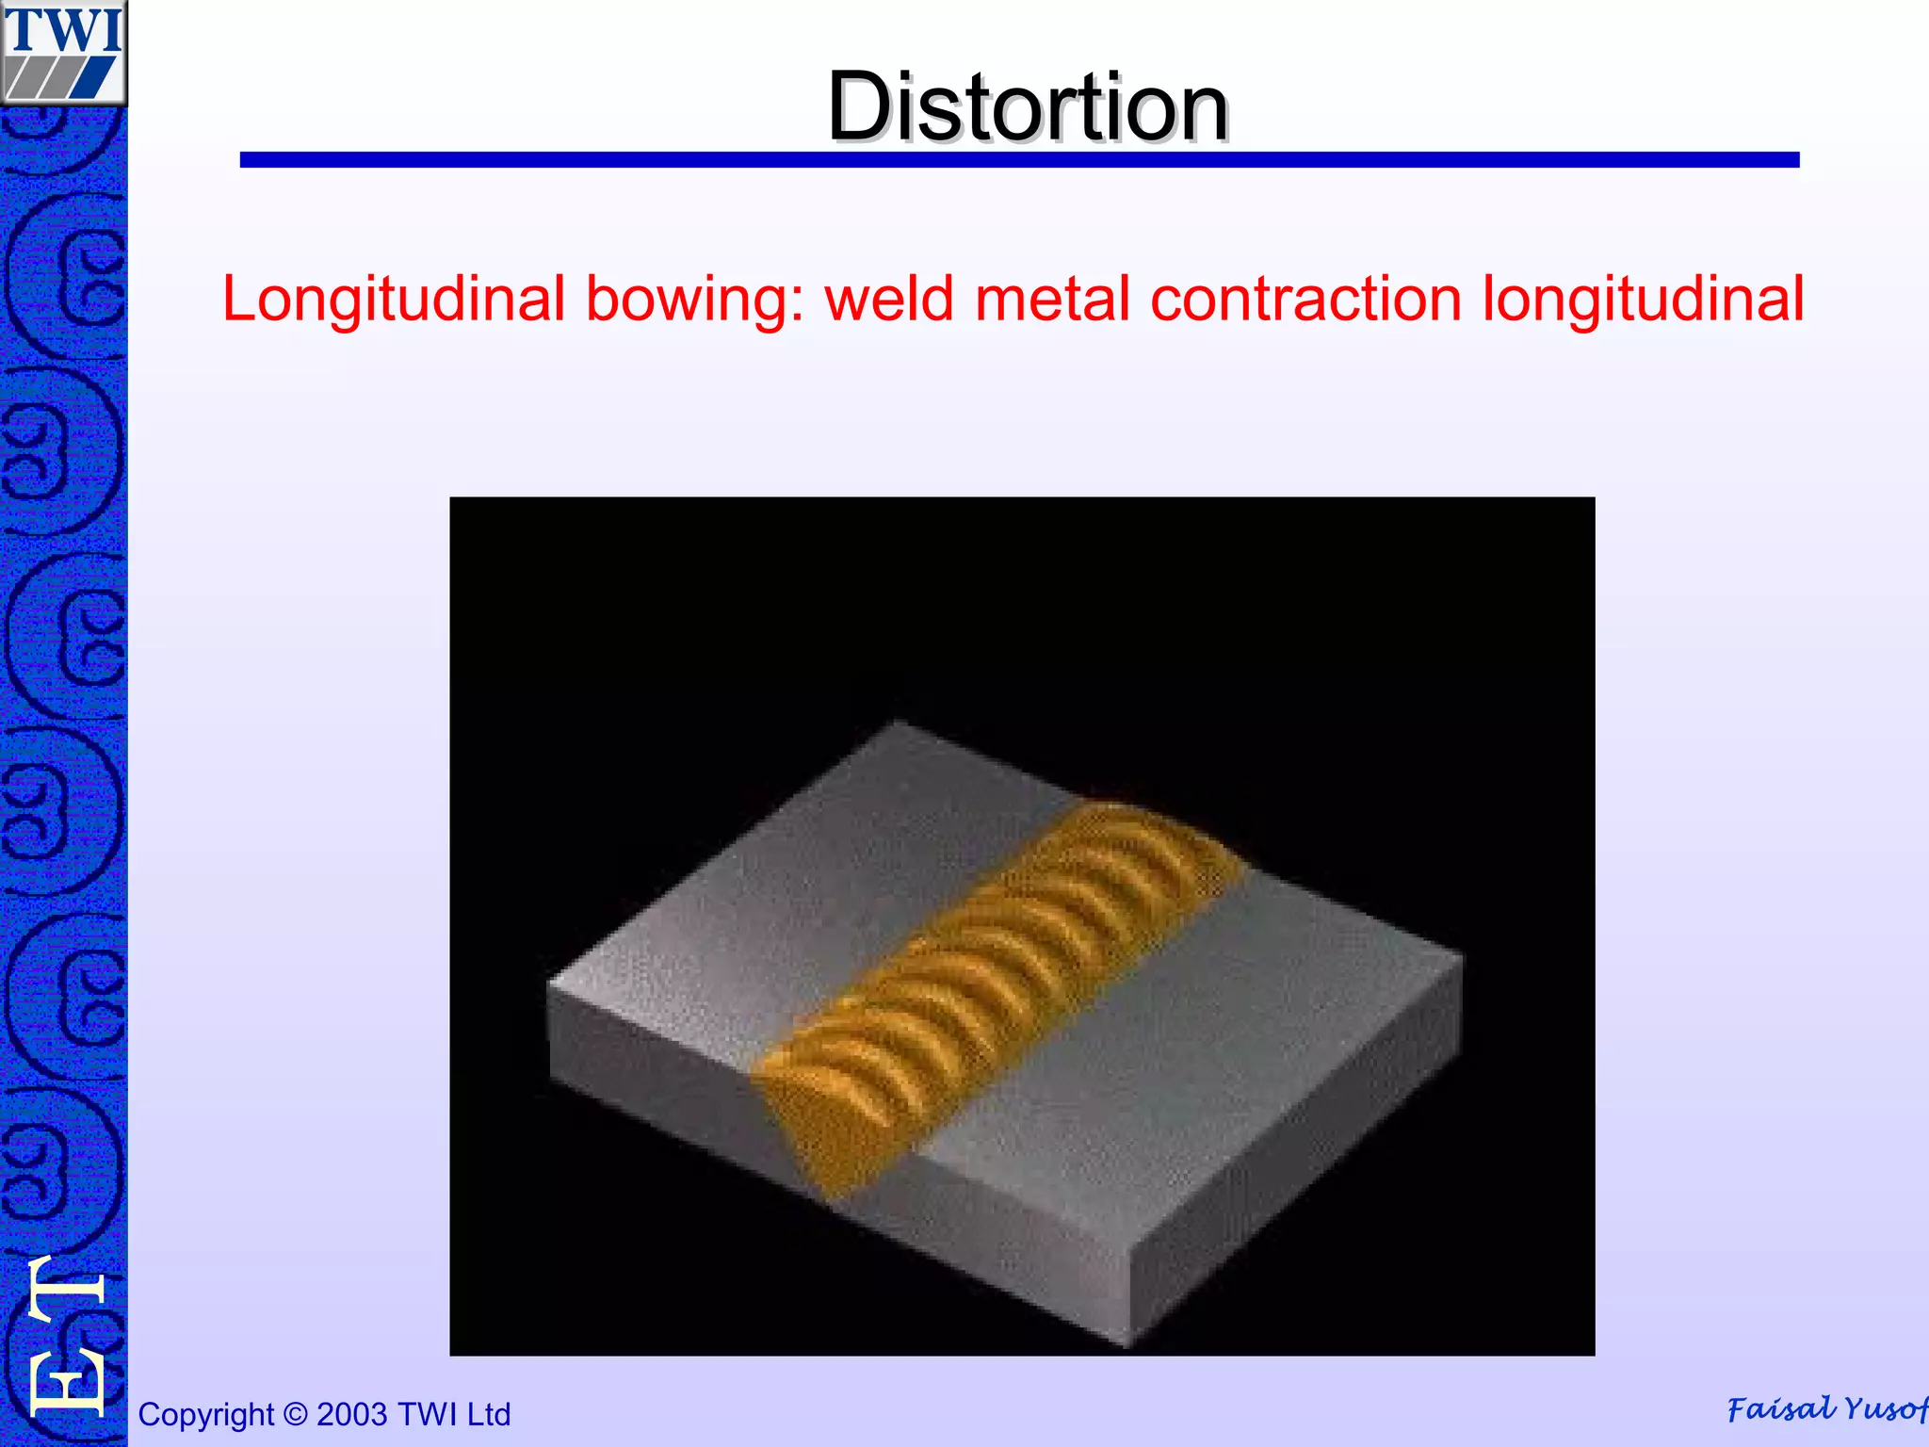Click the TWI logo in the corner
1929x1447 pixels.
click(x=63, y=52)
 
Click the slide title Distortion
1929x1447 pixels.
click(x=1028, y=107)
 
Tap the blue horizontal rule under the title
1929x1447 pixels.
click(x=1019, y=160)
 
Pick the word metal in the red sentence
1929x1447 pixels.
click(x=1052, y=300)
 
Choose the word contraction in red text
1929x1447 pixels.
click(x=1305, y=300)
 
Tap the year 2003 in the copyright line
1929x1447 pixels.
click(x=351, y=1414)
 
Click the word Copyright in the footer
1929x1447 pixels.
click(x=205, y=1415)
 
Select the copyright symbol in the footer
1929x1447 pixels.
click(x=295, y=1414)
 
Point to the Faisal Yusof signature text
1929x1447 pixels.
click(x=1825, y=1409)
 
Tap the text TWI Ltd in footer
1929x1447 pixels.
click(x=454, y=1414)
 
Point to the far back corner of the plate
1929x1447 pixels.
click(x=900, y=723)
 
